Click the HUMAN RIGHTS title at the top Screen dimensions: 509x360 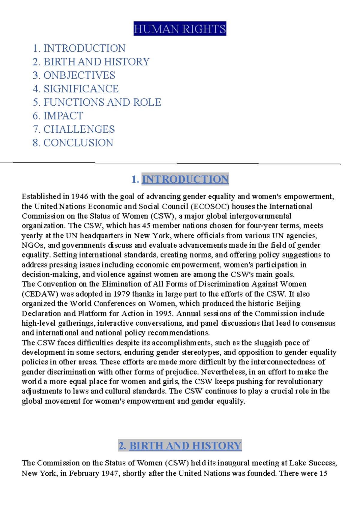tap(180, 29)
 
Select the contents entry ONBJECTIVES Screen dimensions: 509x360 tap(79, 75)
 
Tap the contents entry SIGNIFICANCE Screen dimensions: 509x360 tap(81, 89)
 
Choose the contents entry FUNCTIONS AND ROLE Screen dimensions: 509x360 tap(102, 102)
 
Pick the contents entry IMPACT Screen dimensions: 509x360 tap(63, 116)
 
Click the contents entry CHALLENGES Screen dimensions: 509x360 tap(79, 129)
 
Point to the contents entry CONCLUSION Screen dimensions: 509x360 tap(78, 143)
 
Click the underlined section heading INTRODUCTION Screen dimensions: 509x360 tap(185, 179)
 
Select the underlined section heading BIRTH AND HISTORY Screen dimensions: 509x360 tap(185, 446)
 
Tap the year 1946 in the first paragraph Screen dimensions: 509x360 tap(79, 197)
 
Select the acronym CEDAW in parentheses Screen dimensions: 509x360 tap(40, 294)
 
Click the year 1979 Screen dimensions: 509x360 tap(121, 294)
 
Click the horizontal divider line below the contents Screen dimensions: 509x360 tap(170, 163)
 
